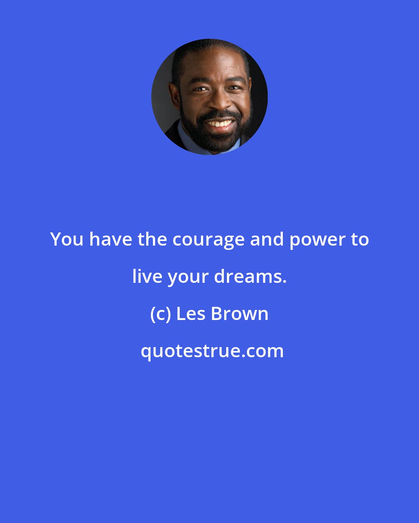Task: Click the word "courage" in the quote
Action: click(x=208, y=240)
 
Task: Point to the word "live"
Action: click(x=147, y=277)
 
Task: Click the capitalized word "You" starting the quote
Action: click(x=67, y=239)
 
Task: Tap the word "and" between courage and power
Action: click(x=267, y=239)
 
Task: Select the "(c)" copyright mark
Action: click(x=160, y=314)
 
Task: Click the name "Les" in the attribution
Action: click(x=190, y=314)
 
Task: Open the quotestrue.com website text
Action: click(x=212, y=351)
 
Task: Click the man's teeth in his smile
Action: click(x=220, y=124)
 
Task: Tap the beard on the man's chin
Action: click(x=217, y=141)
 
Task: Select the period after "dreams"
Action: click(x=284, y=282)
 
